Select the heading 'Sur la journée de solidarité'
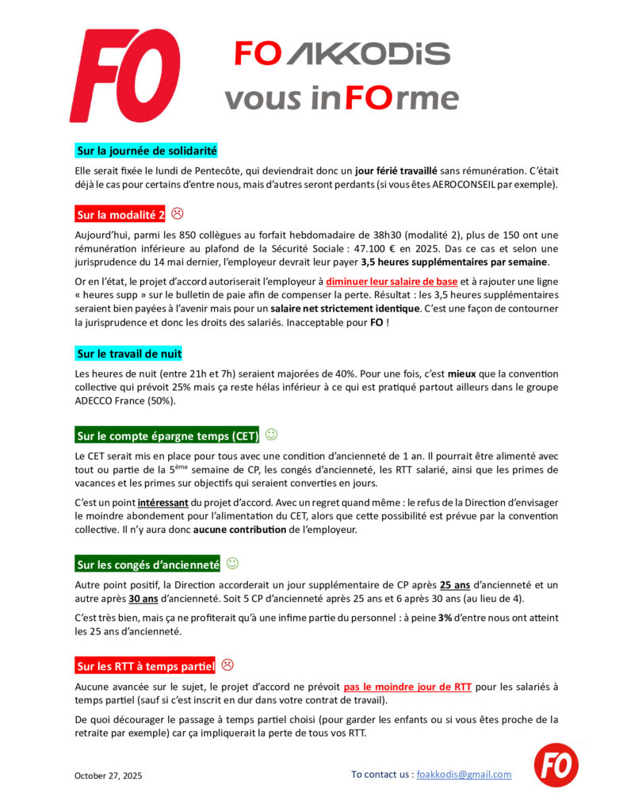click(147, 151)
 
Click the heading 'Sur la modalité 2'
click(120, 215)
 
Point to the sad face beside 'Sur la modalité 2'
click(178, 213)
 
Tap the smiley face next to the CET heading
click(271, 435)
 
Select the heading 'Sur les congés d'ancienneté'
click(147, 565)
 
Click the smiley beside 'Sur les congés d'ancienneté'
click(232, 563)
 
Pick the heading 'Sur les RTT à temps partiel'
click(146, 665)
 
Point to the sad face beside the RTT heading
click(227, 665)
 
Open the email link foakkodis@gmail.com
click(464, 775)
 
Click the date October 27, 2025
click(109, 776)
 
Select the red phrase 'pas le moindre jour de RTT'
click(407, 687)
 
